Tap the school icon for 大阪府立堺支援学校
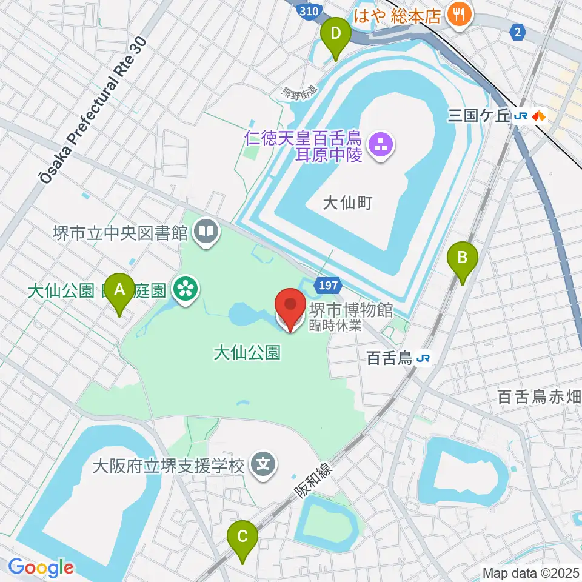264,466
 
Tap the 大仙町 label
347,203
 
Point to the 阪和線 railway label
314,481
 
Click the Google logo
41,568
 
